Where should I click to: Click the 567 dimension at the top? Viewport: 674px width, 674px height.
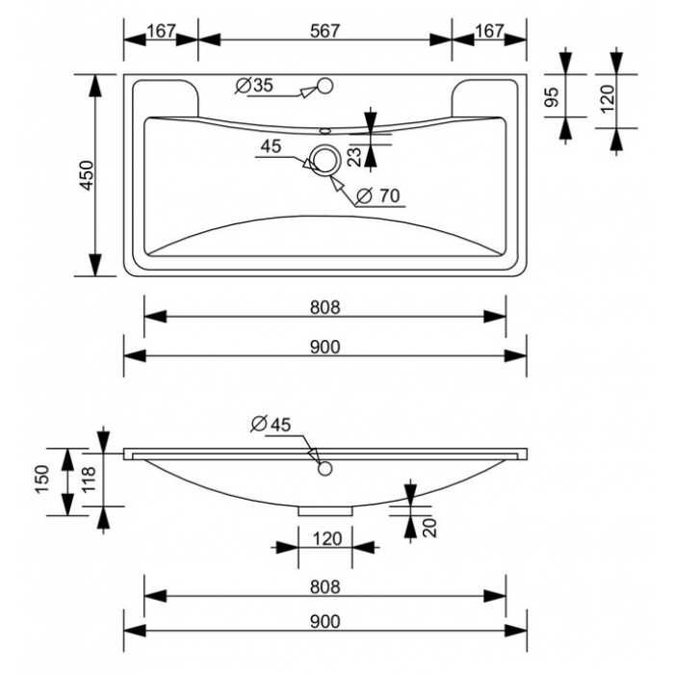(x=325, y=31)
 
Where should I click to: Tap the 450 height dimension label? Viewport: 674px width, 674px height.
(x=87, y=175)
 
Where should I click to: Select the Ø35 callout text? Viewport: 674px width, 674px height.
(x=254, y=85)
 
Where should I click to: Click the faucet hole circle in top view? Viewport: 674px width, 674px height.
(x=325, y=86)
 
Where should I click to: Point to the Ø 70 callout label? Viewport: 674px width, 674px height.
(x=378, y=196)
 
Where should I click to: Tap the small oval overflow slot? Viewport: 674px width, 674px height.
(x=325, y=129)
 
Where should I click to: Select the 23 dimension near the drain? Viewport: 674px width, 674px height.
(x=356, y=156)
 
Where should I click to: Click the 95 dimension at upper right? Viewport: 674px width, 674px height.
(x=552, y=96)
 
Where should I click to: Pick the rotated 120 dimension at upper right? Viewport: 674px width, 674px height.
(x=607, y=99)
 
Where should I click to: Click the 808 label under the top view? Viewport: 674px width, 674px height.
(x=325, y=307)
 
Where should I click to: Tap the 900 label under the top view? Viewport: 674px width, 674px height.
(x=325, y=347)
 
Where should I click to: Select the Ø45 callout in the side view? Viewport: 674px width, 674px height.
(x=271, y=425)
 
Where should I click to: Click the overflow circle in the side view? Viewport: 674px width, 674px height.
(x=325, y=469)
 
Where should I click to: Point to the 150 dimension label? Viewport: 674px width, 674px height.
(x=42, y=479)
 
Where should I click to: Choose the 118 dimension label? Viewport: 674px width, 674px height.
(x=89, y=480)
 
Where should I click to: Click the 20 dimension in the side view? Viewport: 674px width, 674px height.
(x=429, y=528)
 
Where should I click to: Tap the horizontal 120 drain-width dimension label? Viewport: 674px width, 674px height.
(x=327, y=538)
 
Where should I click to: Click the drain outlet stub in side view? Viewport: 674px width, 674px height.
(x=325, y=511)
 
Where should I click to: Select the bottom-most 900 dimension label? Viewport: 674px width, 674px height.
(x=325, y=621)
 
